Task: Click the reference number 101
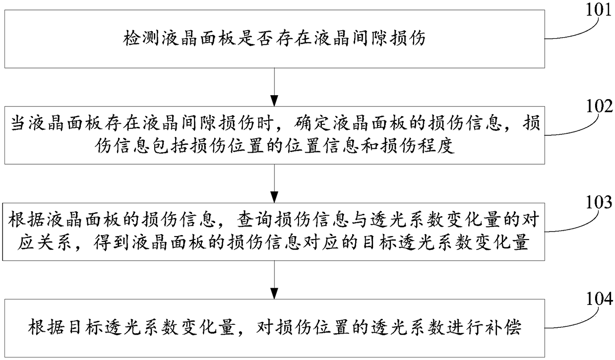pos(599,10)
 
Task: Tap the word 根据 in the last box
pos(42,329)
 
